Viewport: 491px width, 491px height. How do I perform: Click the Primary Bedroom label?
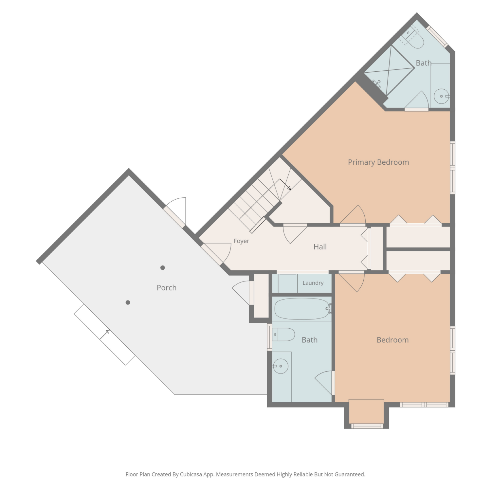coord(378,162)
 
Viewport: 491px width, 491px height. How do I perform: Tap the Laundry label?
coord(313,283)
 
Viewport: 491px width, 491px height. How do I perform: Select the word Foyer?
coord(241,241)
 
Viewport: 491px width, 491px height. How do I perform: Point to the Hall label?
coord(320,247)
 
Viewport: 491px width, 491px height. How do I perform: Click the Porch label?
coord(167,288)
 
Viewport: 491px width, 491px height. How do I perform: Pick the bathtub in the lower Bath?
coord(302,309)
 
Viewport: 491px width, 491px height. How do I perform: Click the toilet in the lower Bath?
coord(283,335)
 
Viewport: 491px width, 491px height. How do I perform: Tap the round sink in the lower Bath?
coord(281,366)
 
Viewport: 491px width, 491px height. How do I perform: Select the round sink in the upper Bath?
coord(442,96)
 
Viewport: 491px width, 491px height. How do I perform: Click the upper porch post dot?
coord(162,268)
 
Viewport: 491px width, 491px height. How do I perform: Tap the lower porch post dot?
coord(128,302)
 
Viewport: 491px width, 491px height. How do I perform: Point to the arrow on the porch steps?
coord(105,335)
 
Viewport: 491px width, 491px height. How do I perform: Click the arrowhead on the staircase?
coord(288,188)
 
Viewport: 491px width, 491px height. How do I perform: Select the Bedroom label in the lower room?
coord(393,340)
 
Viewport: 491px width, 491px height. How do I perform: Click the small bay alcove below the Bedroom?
coord(366,411)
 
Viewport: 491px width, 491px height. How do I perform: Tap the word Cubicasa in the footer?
coord(191,474)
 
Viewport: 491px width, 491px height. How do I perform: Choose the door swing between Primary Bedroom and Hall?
coord(353,215)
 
